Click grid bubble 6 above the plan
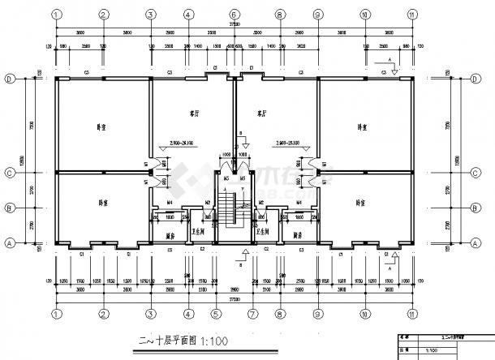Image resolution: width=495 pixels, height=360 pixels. pyautogui.click(x=233, y=15)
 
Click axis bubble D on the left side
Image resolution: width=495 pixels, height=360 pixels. pyautogui.click(x=9, y=79)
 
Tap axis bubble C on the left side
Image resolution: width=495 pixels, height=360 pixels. pyautogui.click(x=9, y=173)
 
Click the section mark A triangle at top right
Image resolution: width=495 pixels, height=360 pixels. pyautogui.click(x=394, y=71)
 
